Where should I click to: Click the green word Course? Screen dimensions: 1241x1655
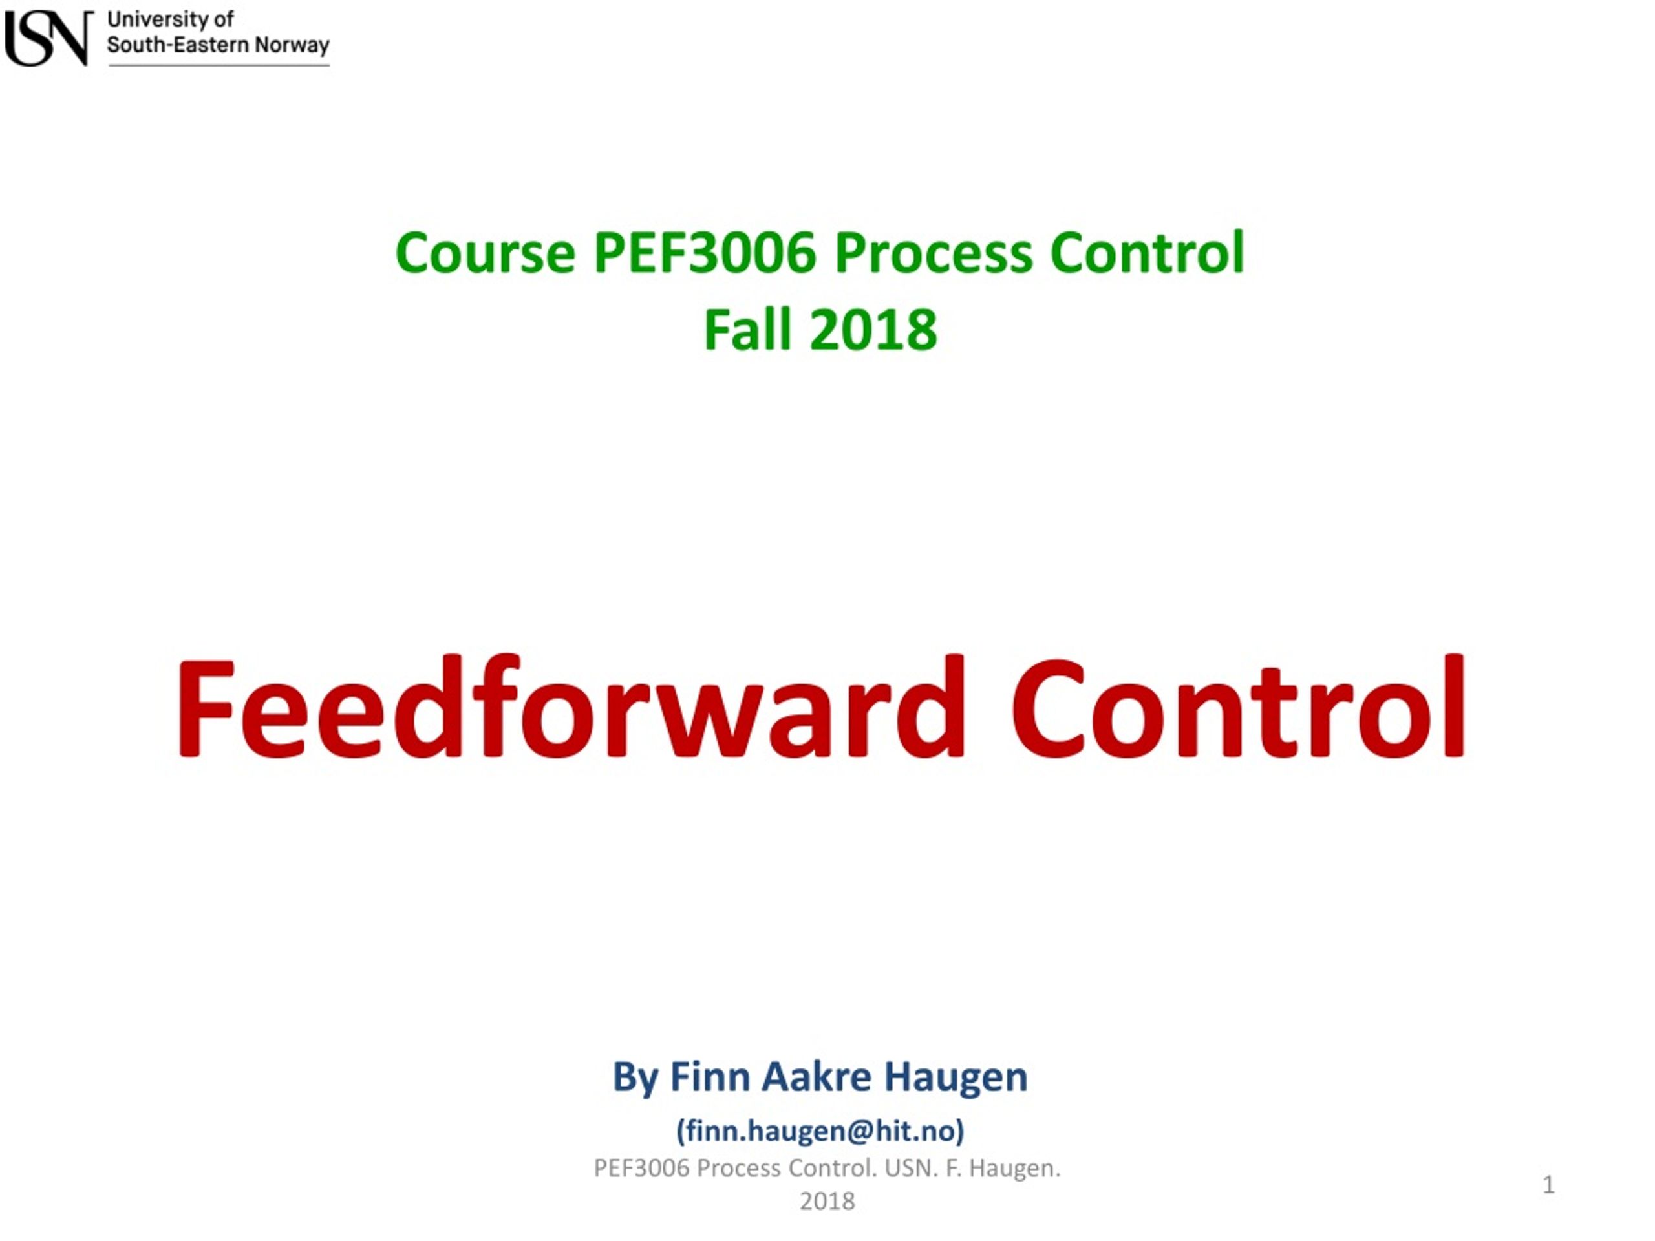tap(485, 253)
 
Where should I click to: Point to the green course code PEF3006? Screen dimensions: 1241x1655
tap(705, 253)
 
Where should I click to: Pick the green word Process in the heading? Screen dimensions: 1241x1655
tap(933, 253)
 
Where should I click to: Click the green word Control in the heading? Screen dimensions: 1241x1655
tap(1147, 253)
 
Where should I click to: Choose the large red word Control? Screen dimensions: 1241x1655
tap(1238, 708)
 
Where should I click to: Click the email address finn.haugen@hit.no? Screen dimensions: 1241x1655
tap(820, 1130)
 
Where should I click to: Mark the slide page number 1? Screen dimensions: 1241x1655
tap(1548, 1185)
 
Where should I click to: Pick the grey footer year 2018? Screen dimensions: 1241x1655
tap(827, 1202)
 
